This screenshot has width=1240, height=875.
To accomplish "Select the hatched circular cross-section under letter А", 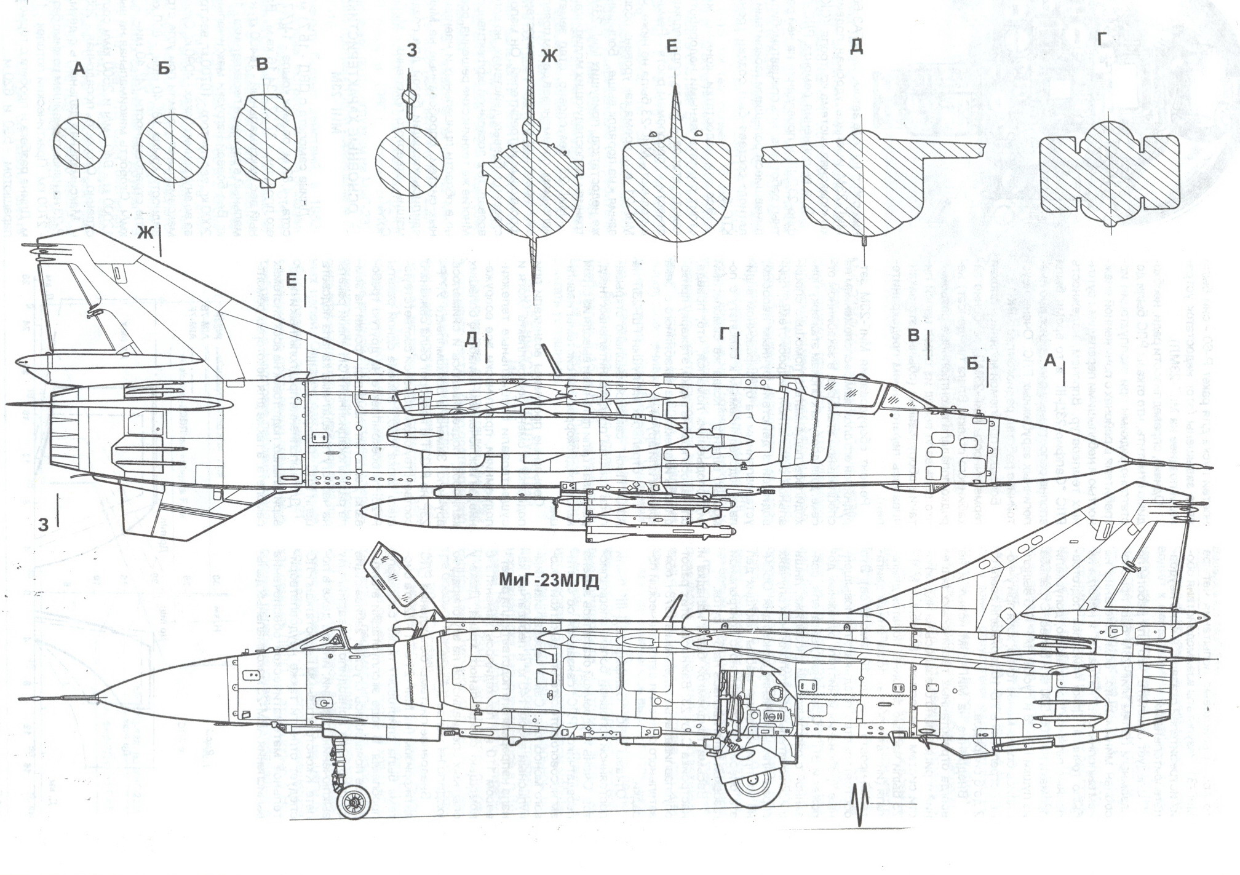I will click(79, 141).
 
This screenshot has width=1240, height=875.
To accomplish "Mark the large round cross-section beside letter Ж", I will click(531, 197).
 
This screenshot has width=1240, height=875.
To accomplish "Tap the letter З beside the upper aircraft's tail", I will click(42, 525).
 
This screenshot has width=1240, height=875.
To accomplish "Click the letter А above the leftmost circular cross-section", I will click(78, 70).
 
